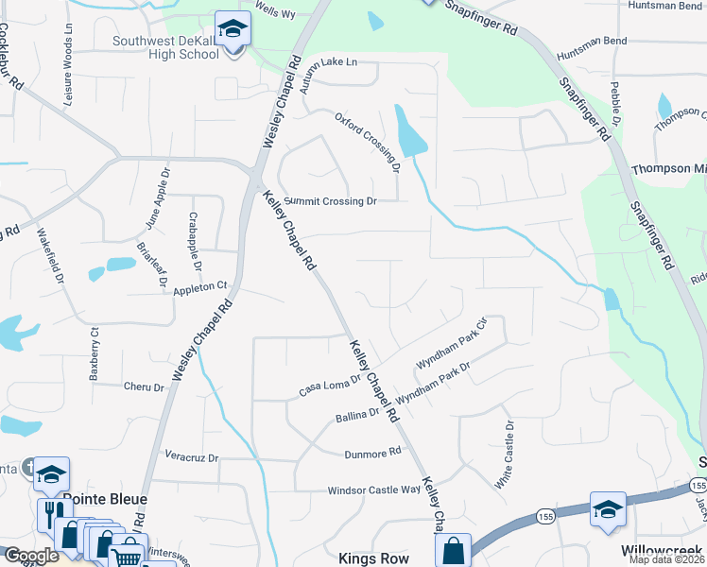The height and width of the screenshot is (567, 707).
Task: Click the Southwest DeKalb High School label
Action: point(166,47)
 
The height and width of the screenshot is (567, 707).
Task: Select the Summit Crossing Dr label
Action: point(331,201)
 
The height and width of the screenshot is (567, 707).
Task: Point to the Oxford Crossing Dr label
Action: point(370,143)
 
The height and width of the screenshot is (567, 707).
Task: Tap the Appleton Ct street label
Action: point(201,285)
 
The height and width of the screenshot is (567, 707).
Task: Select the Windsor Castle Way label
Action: point(373,490)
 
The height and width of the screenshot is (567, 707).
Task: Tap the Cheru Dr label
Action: point(145,386)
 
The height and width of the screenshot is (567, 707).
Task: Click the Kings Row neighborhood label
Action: point(374,558)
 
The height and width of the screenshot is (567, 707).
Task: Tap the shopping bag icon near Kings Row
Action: point(454,549)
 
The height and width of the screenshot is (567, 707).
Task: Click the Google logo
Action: point(31,556)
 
